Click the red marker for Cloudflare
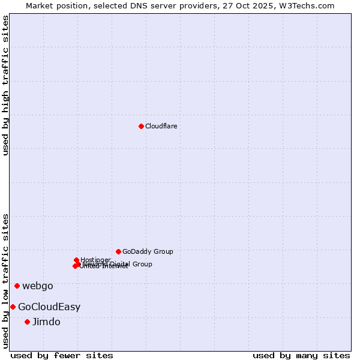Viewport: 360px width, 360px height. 141,126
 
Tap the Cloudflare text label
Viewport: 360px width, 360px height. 161,126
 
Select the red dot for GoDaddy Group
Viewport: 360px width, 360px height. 118,251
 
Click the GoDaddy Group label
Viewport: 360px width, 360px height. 148,251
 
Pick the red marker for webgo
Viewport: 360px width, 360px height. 17,286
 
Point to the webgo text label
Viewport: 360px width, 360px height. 38,286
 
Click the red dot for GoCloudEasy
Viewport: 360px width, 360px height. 13,307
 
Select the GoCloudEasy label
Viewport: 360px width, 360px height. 49,307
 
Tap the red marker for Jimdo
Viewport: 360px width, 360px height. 27,322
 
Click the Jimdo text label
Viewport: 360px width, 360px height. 46,322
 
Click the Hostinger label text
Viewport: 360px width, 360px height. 95,260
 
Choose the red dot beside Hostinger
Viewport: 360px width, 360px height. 76,260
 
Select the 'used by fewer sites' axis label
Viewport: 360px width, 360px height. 62,355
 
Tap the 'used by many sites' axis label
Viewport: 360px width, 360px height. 301,355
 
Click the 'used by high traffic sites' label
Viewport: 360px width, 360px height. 5,86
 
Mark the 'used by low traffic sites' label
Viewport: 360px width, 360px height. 5,281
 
